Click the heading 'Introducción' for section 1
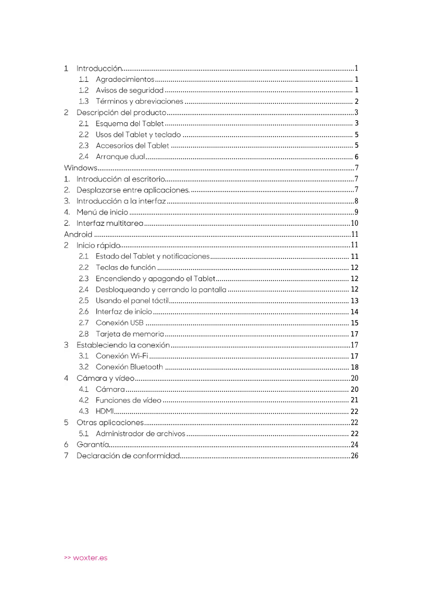[100, 69]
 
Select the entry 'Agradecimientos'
[125, 80]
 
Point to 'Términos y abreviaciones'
[139, 101]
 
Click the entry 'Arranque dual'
[120, 157]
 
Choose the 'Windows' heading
[81, 168]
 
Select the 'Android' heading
[78, 234]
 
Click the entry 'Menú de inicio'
[102, 212]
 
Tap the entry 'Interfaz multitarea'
[110, 224]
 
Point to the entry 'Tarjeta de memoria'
[130, 334]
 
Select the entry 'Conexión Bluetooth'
[129, 367]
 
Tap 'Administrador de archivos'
[140, 433]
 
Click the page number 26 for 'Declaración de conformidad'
[354, 456]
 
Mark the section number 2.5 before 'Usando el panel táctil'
[83, 301]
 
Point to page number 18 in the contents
[354, 367]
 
